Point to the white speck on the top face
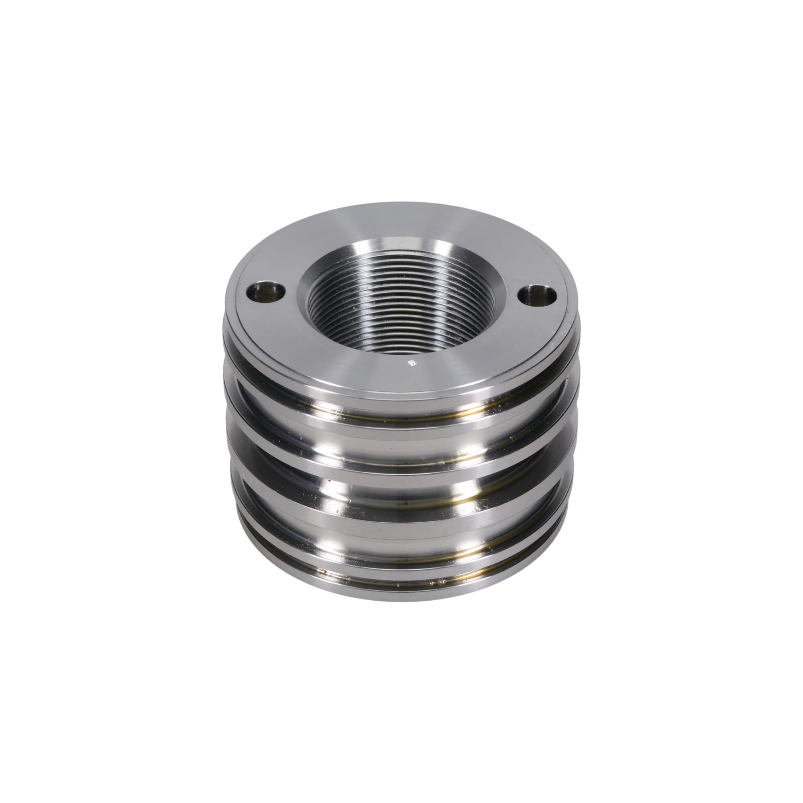413,363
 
